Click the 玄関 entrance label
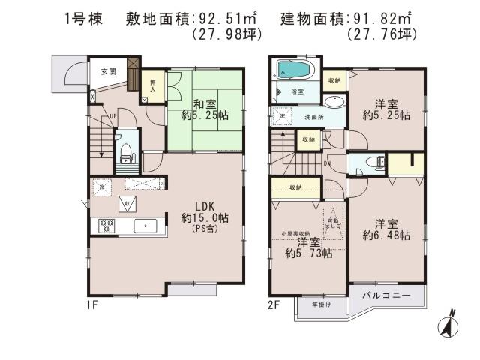(x=107, y=72)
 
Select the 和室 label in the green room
(x=204, y=103)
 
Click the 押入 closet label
(x=151, y=85)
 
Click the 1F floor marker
(x=93, y=306)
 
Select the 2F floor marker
(x=274, y=306)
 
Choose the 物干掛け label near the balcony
(x=311, y=304)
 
